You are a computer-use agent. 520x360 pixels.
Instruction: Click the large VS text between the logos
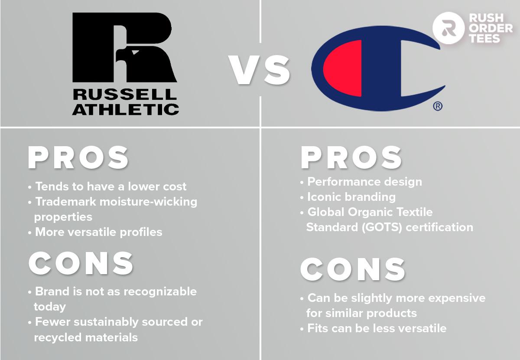(260, 71)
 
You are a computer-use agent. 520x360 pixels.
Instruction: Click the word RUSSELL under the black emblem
(125, 94)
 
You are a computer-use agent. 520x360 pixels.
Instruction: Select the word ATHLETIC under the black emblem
(125, 108)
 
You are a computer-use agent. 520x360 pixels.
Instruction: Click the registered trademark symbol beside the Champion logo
(438, 106)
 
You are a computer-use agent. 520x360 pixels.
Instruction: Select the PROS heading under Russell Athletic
(78, 158)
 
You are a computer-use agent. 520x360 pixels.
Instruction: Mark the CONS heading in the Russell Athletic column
(81, 263)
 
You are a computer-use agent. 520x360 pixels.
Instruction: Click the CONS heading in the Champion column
(353, 269)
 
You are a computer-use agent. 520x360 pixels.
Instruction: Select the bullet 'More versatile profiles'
(98, 232)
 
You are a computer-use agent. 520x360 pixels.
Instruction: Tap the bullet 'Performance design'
(364, 182)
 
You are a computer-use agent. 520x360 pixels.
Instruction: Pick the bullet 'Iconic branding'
(351, 197)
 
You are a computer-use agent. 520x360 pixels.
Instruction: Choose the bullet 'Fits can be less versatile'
(376, 328)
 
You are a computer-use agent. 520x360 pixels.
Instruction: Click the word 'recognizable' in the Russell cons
(160, 291)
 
